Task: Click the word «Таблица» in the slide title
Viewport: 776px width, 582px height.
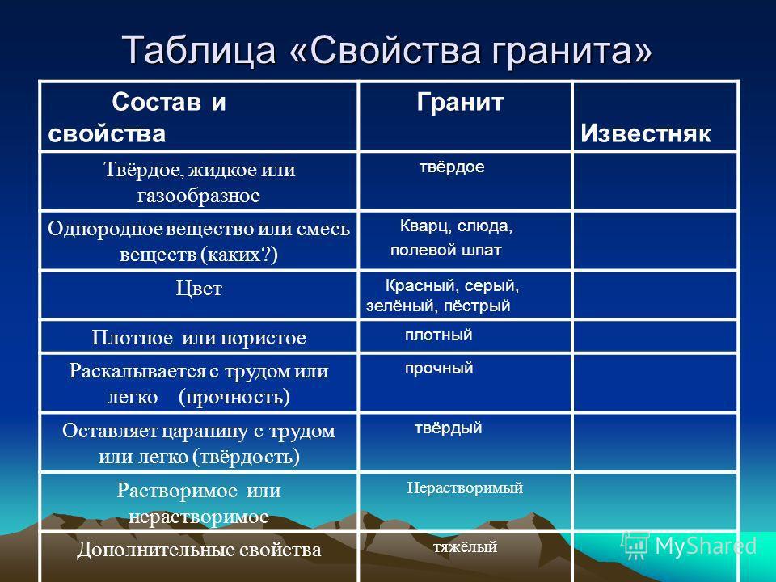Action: pos(199,50)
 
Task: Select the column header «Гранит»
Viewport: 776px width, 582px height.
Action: pos(460,103)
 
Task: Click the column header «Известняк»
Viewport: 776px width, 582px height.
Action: pos(645,133)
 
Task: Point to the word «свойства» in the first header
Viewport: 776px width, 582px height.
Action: pos(107,134)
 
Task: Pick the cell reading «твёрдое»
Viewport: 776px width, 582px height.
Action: pos(452,167)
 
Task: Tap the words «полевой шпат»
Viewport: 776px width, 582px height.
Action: pos(446,251)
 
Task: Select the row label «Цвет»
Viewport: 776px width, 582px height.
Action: pos(199,289)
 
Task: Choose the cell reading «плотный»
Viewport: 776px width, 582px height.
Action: pos(438,335)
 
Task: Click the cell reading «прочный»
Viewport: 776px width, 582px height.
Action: pos(439,369)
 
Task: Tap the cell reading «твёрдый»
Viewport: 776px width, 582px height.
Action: pos(449,428)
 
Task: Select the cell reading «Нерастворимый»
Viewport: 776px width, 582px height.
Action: pos(466,488)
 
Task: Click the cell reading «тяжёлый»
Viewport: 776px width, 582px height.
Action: pos(466,547)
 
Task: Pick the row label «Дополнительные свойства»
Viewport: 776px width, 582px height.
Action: pos(199,550)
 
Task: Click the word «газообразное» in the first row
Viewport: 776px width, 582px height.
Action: pos(199,196)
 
